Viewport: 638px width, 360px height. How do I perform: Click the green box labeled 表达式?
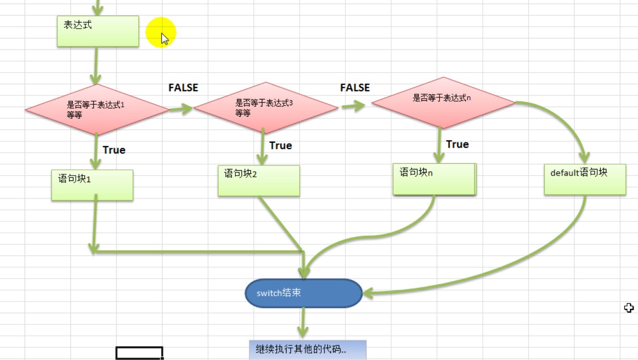click(x=98, y=31)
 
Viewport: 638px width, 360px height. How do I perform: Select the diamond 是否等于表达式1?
click(x=97, y=110)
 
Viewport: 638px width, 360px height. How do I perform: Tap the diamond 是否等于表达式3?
click(x=266, y=107)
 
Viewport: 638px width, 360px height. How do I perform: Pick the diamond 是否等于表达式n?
click(x=443, y=103)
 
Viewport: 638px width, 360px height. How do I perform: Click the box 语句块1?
click(x=92, y=185)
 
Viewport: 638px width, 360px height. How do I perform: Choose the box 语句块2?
click(x=259, y=180)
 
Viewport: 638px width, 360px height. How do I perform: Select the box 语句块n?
click(x=434, y=179)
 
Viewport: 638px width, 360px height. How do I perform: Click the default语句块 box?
click(x=585, y=179)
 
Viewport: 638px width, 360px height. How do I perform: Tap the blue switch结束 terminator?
click(x=304, y=293)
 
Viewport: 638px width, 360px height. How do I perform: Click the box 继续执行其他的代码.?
click(x=308, y=350)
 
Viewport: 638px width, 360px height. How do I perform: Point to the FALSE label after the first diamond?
click(x=183, y=88)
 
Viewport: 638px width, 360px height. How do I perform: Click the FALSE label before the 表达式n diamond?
click(x=355, y=88)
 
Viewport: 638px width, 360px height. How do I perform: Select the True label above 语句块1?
click(x=114, y=150)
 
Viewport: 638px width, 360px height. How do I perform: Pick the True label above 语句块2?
click(x=280, y=146)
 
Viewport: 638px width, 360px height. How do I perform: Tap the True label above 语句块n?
click(x=457, y=144)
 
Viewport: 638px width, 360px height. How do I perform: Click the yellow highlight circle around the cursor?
click(x=161, y=32)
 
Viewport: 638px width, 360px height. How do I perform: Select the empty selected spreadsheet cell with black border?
click(x=139, y=353)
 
